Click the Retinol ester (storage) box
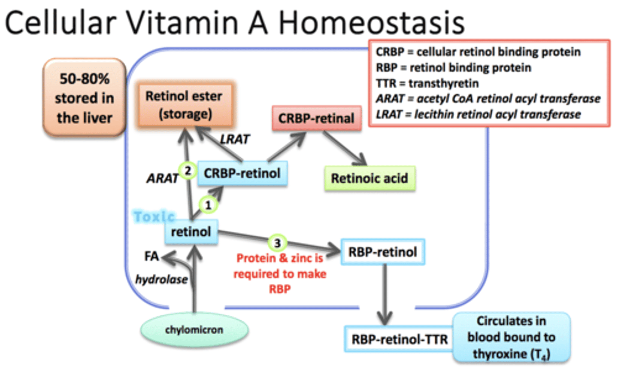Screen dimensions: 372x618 tap(184, 105)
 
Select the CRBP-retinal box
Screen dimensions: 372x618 tap(316, 119)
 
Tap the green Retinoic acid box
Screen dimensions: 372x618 tap(370, 178)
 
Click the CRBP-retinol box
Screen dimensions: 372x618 tap(242, 174)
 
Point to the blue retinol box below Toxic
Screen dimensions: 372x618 tap(191, 232)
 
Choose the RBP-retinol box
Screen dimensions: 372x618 tap(382, 252)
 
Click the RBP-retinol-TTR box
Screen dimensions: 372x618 tap(399, 339)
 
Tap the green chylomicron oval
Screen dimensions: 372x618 tap(194, 330)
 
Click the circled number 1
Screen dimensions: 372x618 tap(208, 205)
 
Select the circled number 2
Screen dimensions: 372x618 tap(188, 171)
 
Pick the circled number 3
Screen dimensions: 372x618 tap(277, 243)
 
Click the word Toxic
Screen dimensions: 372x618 tap(154, 216)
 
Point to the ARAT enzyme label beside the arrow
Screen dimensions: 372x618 tap(162, 178)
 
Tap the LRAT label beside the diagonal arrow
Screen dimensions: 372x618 tap(234, 140)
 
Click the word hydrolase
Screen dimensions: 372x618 tap(161, 280)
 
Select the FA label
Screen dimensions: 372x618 tap(151, 256)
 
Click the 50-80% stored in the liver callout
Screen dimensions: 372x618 tap(85, 98)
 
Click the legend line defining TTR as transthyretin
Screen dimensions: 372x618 tap(427, 83)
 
